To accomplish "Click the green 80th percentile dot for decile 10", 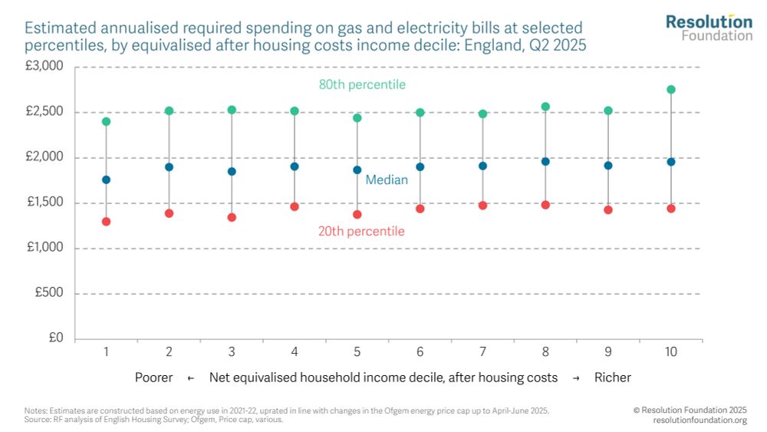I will pyautogui.click(x=671, y=90).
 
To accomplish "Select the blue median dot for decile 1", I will pyautogui.click(x=106, y=180).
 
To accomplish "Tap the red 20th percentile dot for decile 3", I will pyautogui.click(x=232, y=217).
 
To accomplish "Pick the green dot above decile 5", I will pyautogui.click(x=357, y=118).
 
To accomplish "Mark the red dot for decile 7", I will pyautogui.click(x=482, y=206).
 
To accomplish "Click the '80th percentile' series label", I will pyautogui.click(x=362, y=84).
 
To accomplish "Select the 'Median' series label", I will pyautogui.click(x=387, y=180).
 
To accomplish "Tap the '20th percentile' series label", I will pyautogui.click(x=361, y=231).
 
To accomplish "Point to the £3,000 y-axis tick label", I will pyautogui.click(x=44, y=67).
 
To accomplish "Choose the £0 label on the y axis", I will pyautogui.click(x=55, y=338).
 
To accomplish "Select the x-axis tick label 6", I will pyautogui.click(x=420, y=351).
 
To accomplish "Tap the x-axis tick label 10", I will pyautogui.click(x=671, y=351).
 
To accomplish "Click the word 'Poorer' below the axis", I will pyautogui.click(x=153, y=378).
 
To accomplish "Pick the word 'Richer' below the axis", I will pyautogui.click(x=612, y=378).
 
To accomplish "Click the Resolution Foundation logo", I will pyautogui.click(x=709, y=27).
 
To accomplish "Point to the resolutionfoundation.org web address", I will pyautogui.click(x=700, y=420).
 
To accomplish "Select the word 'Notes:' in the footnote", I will pyautogui.click(x=35, y=411).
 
